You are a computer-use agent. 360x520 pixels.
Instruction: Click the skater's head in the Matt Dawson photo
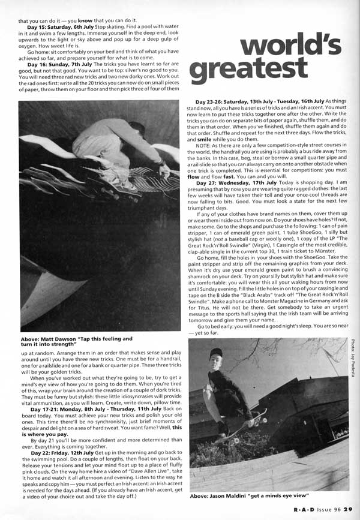(137, 128)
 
